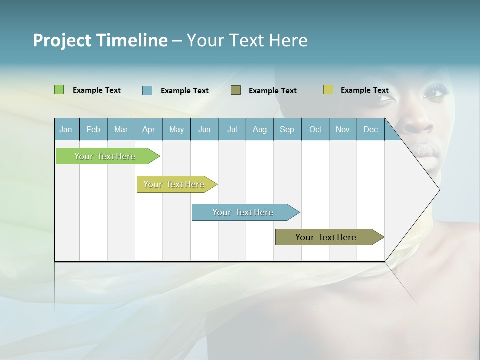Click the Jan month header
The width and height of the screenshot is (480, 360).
click(66, 129)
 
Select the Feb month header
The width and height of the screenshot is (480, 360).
click(93, 129)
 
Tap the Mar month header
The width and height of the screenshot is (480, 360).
click(121, 129)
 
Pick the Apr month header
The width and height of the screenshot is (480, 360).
click(149, 129)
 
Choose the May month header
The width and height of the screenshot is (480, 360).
click(176, 129)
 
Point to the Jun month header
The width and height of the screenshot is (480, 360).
click(204, 129)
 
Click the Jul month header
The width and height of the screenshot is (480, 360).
click(232, 129)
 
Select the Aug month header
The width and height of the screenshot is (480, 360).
click(260, 129)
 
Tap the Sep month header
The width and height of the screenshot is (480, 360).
click(287, 129)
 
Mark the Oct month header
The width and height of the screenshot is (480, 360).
click(315, 129)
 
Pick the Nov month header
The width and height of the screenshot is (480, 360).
click(343, 129)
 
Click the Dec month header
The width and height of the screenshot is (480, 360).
click(371, 129)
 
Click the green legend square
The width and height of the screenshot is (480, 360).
click(59, 90)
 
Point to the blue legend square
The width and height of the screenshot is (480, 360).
click(147, 90)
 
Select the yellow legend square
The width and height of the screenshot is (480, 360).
click(328, 90)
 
